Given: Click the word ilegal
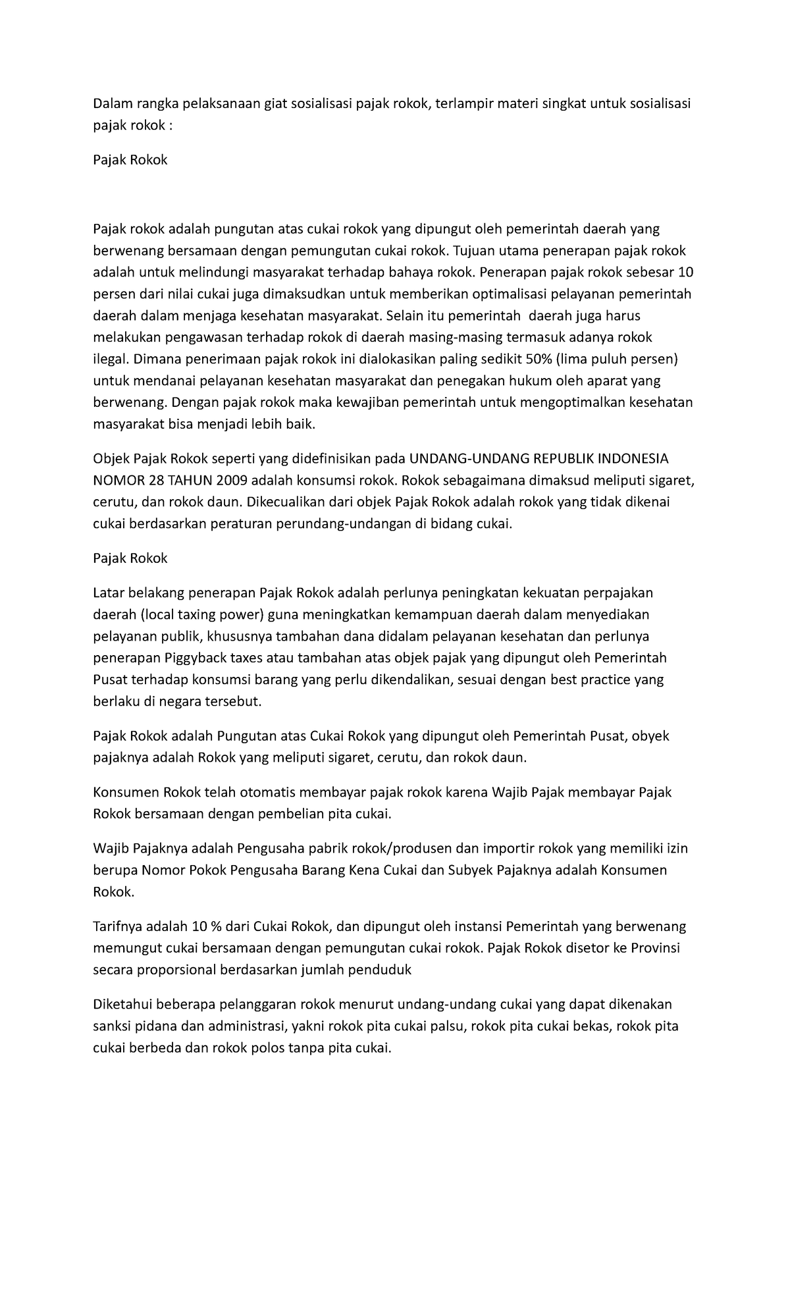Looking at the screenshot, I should tap(111, 359).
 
